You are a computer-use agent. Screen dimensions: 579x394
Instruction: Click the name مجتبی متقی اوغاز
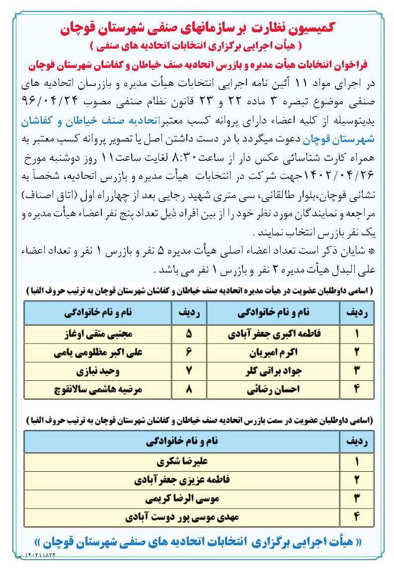pos(99,334)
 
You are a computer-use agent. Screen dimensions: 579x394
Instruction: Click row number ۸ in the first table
pos(188,389)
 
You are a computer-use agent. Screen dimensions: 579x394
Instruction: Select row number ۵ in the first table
pos(188,334)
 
